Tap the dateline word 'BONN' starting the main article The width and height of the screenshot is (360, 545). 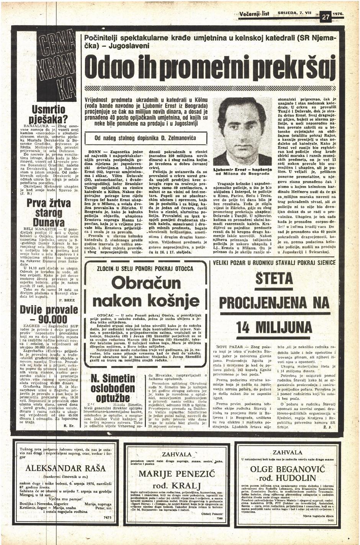tap(94, 152)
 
